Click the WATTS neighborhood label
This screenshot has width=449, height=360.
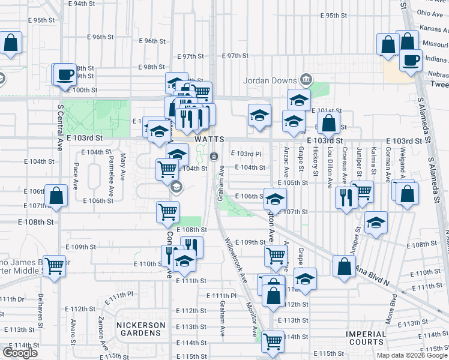pyautogui.click(x=209, y=139)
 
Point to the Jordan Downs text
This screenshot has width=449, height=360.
pyautogui.click(x=270, y=80)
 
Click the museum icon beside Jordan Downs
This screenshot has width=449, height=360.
pyautogui.click(x=306, y=79)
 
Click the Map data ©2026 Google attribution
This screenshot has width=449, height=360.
pyautogui.click(x=411, y=355)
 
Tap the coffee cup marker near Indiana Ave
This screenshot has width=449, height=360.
pyautogui.click(x=411, y=61)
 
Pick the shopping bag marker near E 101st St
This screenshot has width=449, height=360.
pyautogui.click(x=329, y=124)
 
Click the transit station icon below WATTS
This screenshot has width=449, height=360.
pyautogui.click(x=214, y=156)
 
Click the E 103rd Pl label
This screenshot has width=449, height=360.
pyautogui.click(x=246, y=154)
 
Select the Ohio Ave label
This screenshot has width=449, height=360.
pyautogui.click(x=430, y=13)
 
